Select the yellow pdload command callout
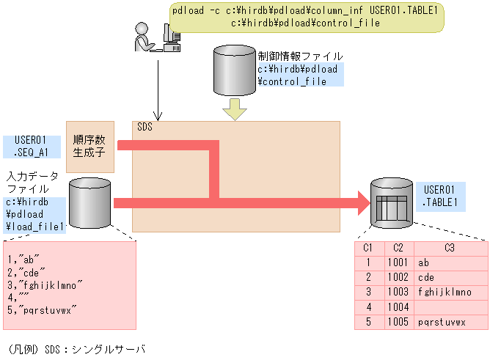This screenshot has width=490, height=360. pyautogui.click(x=307, y=17)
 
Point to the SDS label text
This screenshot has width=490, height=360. pyautogui.click(x=145, y=128)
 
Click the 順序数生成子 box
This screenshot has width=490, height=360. pyautogui.click(x=90, y=147)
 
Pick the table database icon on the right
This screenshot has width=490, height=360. pyautogui.click(x=390, y=202)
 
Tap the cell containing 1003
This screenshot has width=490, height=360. pyautogui.click(x=398, y=291)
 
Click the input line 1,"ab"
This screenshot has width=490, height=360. pyautogui.click(x=23, y=260)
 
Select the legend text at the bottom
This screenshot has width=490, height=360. pyautogui.click(x=75, y=349)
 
